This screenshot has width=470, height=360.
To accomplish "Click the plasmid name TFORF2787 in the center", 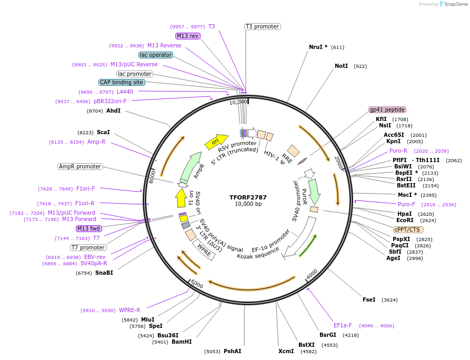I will [x=248, y=197].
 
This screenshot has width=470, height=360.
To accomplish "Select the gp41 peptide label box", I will [x=387, y=110].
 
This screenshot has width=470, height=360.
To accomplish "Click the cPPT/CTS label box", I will [x=408, y=229].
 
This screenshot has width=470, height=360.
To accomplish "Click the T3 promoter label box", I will [x=262, y=26].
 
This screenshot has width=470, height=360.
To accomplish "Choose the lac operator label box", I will [x=156, y=55].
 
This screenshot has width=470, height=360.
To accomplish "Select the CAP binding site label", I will [x=121, y=82].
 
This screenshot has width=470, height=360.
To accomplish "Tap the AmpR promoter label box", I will [x=79, y=166].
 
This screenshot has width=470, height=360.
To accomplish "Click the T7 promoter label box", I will [x=88, y=247].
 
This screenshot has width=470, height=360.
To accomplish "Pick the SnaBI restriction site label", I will [x=104, y=273].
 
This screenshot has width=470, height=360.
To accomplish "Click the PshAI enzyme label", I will [x=232, y=351].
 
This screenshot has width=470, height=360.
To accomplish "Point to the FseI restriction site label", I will [x=369, y=299].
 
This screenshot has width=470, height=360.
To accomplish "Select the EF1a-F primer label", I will [x=343, y=325].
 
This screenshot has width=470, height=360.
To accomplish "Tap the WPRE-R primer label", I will [x=129, y=310].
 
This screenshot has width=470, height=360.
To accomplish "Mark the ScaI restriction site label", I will [x=103, y=133].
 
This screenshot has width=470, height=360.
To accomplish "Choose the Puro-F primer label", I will [x=406, y=204].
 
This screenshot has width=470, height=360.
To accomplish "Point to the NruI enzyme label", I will [x=318, y=47].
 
